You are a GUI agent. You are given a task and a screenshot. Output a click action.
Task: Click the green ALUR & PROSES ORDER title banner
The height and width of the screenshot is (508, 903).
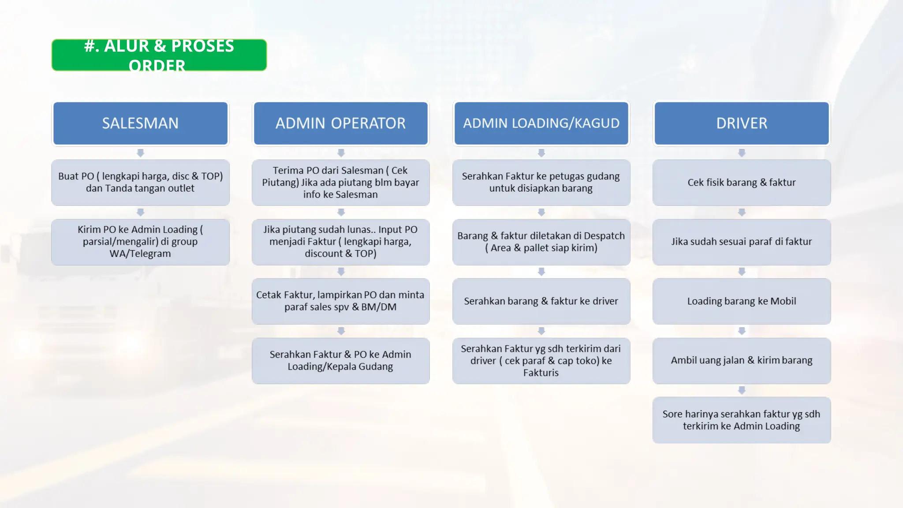(x=159, y=55)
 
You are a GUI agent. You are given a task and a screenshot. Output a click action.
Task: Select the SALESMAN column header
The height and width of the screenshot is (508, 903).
(x=140, y=123)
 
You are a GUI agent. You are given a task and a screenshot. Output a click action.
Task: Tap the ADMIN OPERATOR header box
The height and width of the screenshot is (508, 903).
(x=340, y=123)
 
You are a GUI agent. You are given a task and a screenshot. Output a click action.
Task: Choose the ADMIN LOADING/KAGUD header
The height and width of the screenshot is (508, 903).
(x=541, y=123)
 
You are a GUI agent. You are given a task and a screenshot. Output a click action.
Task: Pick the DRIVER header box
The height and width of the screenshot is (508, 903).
(x=742, y=123)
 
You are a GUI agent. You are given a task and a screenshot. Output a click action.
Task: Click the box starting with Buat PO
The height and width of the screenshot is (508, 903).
(x=140, y=183)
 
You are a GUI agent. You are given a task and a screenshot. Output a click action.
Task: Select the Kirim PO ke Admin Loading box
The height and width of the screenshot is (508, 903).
(x=140, y=242)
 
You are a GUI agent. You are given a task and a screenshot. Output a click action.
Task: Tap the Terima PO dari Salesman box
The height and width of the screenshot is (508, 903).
(x=340, y=183)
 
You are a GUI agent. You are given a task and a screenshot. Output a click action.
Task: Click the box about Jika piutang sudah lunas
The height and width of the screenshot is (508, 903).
(x=340, y=242)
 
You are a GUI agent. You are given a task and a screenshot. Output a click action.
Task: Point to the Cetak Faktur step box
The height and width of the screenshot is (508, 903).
(x=340, y=301)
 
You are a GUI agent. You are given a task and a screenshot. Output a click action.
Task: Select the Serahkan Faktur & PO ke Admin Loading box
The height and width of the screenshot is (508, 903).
(x=340, y=361)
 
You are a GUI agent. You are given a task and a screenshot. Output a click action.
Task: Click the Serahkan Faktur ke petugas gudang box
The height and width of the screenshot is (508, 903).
(x=541, y=183)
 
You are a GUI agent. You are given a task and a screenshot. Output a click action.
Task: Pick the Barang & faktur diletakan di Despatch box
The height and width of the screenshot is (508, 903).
(x=541, y=242)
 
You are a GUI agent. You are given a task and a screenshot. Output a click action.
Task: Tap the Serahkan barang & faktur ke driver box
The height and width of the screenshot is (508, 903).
(x=541, y=301)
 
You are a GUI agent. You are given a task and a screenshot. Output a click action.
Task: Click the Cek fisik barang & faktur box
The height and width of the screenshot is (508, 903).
(x=742, y=183)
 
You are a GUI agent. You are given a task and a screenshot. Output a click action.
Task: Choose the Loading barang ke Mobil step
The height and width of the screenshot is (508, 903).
(x=742, y=301)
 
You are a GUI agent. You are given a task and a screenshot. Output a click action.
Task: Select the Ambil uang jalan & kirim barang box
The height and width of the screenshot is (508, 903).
(x=742, y=361)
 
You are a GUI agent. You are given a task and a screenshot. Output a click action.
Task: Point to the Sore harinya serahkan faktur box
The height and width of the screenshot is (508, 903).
(x=742, y=420)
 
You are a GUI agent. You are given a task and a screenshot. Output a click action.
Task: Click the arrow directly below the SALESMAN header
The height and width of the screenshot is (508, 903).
(x=140, y=153)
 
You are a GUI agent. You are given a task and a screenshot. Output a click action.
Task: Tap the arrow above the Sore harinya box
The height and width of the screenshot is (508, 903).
(x=742, y=390)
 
